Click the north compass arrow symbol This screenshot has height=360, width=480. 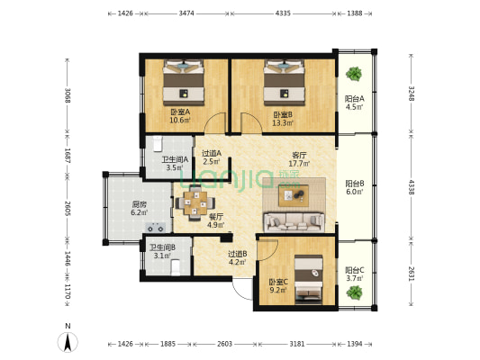68,341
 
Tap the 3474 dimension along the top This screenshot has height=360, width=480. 186,13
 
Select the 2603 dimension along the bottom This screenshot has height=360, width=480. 224,344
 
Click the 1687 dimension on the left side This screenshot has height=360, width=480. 68,156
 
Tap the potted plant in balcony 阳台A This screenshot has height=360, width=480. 354,74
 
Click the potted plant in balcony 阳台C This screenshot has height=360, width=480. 355,292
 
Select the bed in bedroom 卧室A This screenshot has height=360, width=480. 184,82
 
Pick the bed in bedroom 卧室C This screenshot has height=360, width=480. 309,280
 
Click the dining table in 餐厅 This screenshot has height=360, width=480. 195,202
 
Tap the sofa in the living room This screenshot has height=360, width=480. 294,222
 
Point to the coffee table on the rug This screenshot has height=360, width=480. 294,195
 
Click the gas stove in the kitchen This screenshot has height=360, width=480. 156,228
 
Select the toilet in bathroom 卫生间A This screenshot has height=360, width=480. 158,143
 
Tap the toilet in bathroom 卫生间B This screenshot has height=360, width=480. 176,267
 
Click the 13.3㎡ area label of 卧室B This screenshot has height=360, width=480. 283,123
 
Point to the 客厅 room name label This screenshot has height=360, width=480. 299,156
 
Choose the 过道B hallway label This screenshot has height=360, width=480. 238,254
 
